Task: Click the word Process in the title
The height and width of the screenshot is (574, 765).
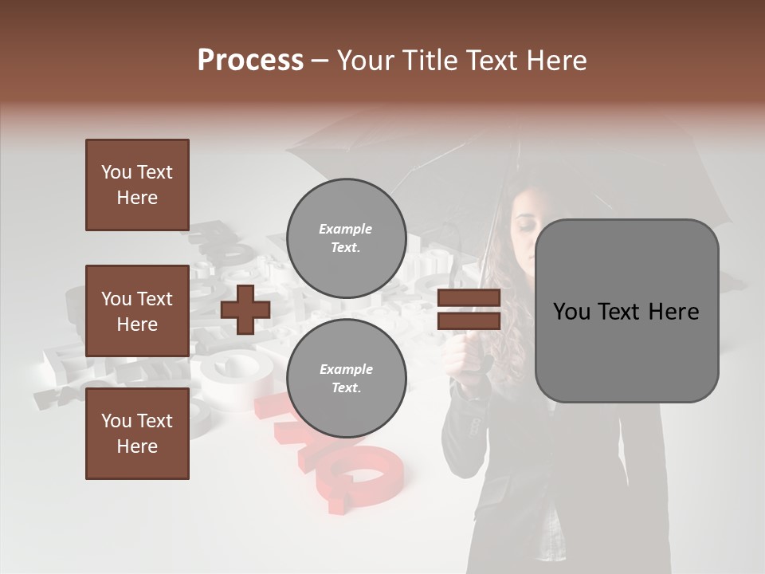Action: pos(250,61)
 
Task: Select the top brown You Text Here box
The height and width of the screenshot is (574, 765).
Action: pos(137,185)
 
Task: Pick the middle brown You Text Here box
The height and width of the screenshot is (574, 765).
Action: pos(137,311)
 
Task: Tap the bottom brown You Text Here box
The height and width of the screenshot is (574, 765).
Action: pos(137,434)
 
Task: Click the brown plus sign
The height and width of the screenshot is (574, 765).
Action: pos(245,309)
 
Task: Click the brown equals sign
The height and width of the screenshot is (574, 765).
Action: pos(469,310)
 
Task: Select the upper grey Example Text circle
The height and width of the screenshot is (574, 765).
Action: pos(347,238)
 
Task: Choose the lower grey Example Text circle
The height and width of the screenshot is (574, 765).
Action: pos(347,379)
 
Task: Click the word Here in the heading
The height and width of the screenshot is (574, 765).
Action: pos(555,61)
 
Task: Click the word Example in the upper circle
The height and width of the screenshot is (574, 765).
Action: pos(346,229)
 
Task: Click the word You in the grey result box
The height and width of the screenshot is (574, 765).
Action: pos(571,312)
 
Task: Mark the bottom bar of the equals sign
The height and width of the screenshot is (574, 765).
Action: pos(469,321)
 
